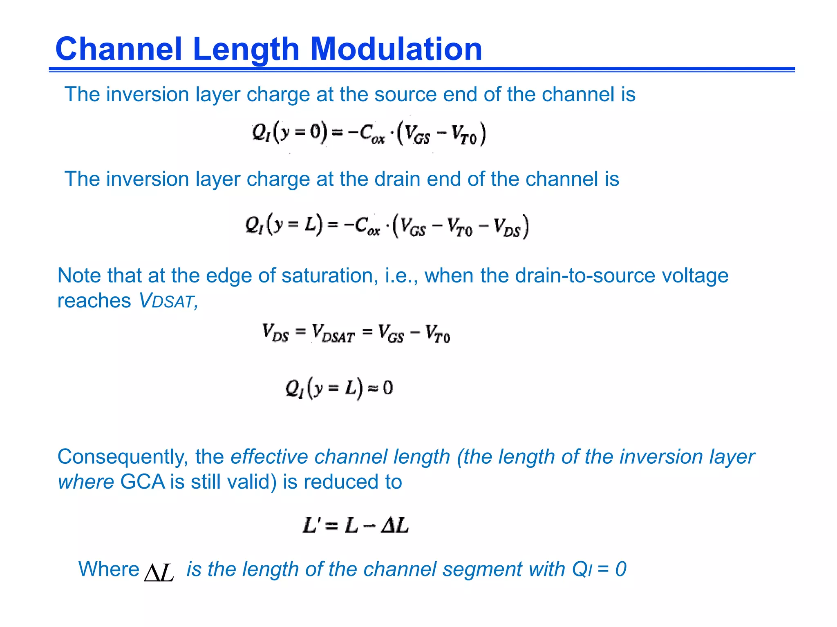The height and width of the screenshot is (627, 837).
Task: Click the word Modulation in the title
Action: point(396,49)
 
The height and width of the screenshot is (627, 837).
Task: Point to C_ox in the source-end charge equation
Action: point(372,134)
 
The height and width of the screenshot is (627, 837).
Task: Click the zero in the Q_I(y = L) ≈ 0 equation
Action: point(388,387)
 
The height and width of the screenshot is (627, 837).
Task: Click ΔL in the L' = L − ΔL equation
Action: point(394,525)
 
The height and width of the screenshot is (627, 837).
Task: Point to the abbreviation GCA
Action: point(142,482)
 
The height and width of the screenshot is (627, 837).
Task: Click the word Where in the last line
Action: point(109,569)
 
